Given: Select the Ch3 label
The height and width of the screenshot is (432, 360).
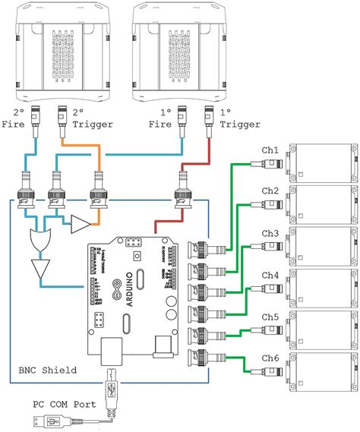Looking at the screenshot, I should (271, 233).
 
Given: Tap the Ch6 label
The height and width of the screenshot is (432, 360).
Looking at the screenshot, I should (271, 357).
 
